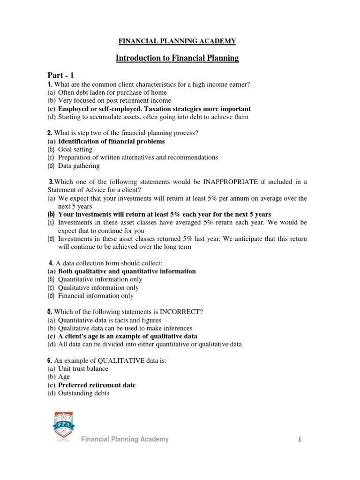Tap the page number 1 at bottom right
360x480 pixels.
coord(298,439)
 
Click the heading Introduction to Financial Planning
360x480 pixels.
coord(177,58)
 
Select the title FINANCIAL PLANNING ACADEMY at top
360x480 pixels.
coord(177,41)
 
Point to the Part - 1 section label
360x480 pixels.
coord(60,75)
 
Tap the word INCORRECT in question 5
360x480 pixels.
coord(182,312)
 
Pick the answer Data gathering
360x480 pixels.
coord(79,165)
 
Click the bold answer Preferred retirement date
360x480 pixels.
coord(97,385)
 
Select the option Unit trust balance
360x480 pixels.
coord(83,369)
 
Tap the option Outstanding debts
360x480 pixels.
coord(83,393)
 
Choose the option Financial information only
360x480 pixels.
coord(96,296)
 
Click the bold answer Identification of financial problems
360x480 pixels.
coord(111,141)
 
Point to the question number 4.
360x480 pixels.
coord(51,263)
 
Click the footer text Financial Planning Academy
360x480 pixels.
coord(125,439)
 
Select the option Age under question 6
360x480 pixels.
coord(64,377)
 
